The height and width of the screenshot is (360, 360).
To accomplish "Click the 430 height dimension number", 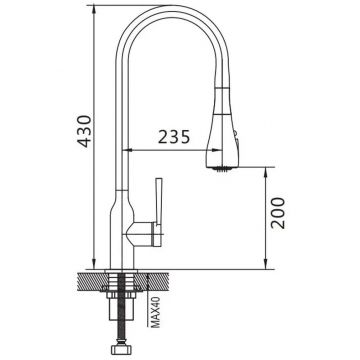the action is click(84, 131).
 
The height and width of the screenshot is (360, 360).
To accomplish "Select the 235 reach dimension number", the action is click(174, 137).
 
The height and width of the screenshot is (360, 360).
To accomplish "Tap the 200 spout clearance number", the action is click(278, 213).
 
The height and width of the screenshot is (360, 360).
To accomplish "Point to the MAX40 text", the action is click(156, 313).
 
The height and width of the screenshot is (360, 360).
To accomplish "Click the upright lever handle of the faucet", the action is click(159, 212).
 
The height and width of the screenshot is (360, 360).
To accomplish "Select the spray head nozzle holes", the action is click(221, 169).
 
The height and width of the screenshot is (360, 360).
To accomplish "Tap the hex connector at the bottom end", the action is click(122, 349).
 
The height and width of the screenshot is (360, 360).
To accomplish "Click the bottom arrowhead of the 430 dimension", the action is click(94, 264).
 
